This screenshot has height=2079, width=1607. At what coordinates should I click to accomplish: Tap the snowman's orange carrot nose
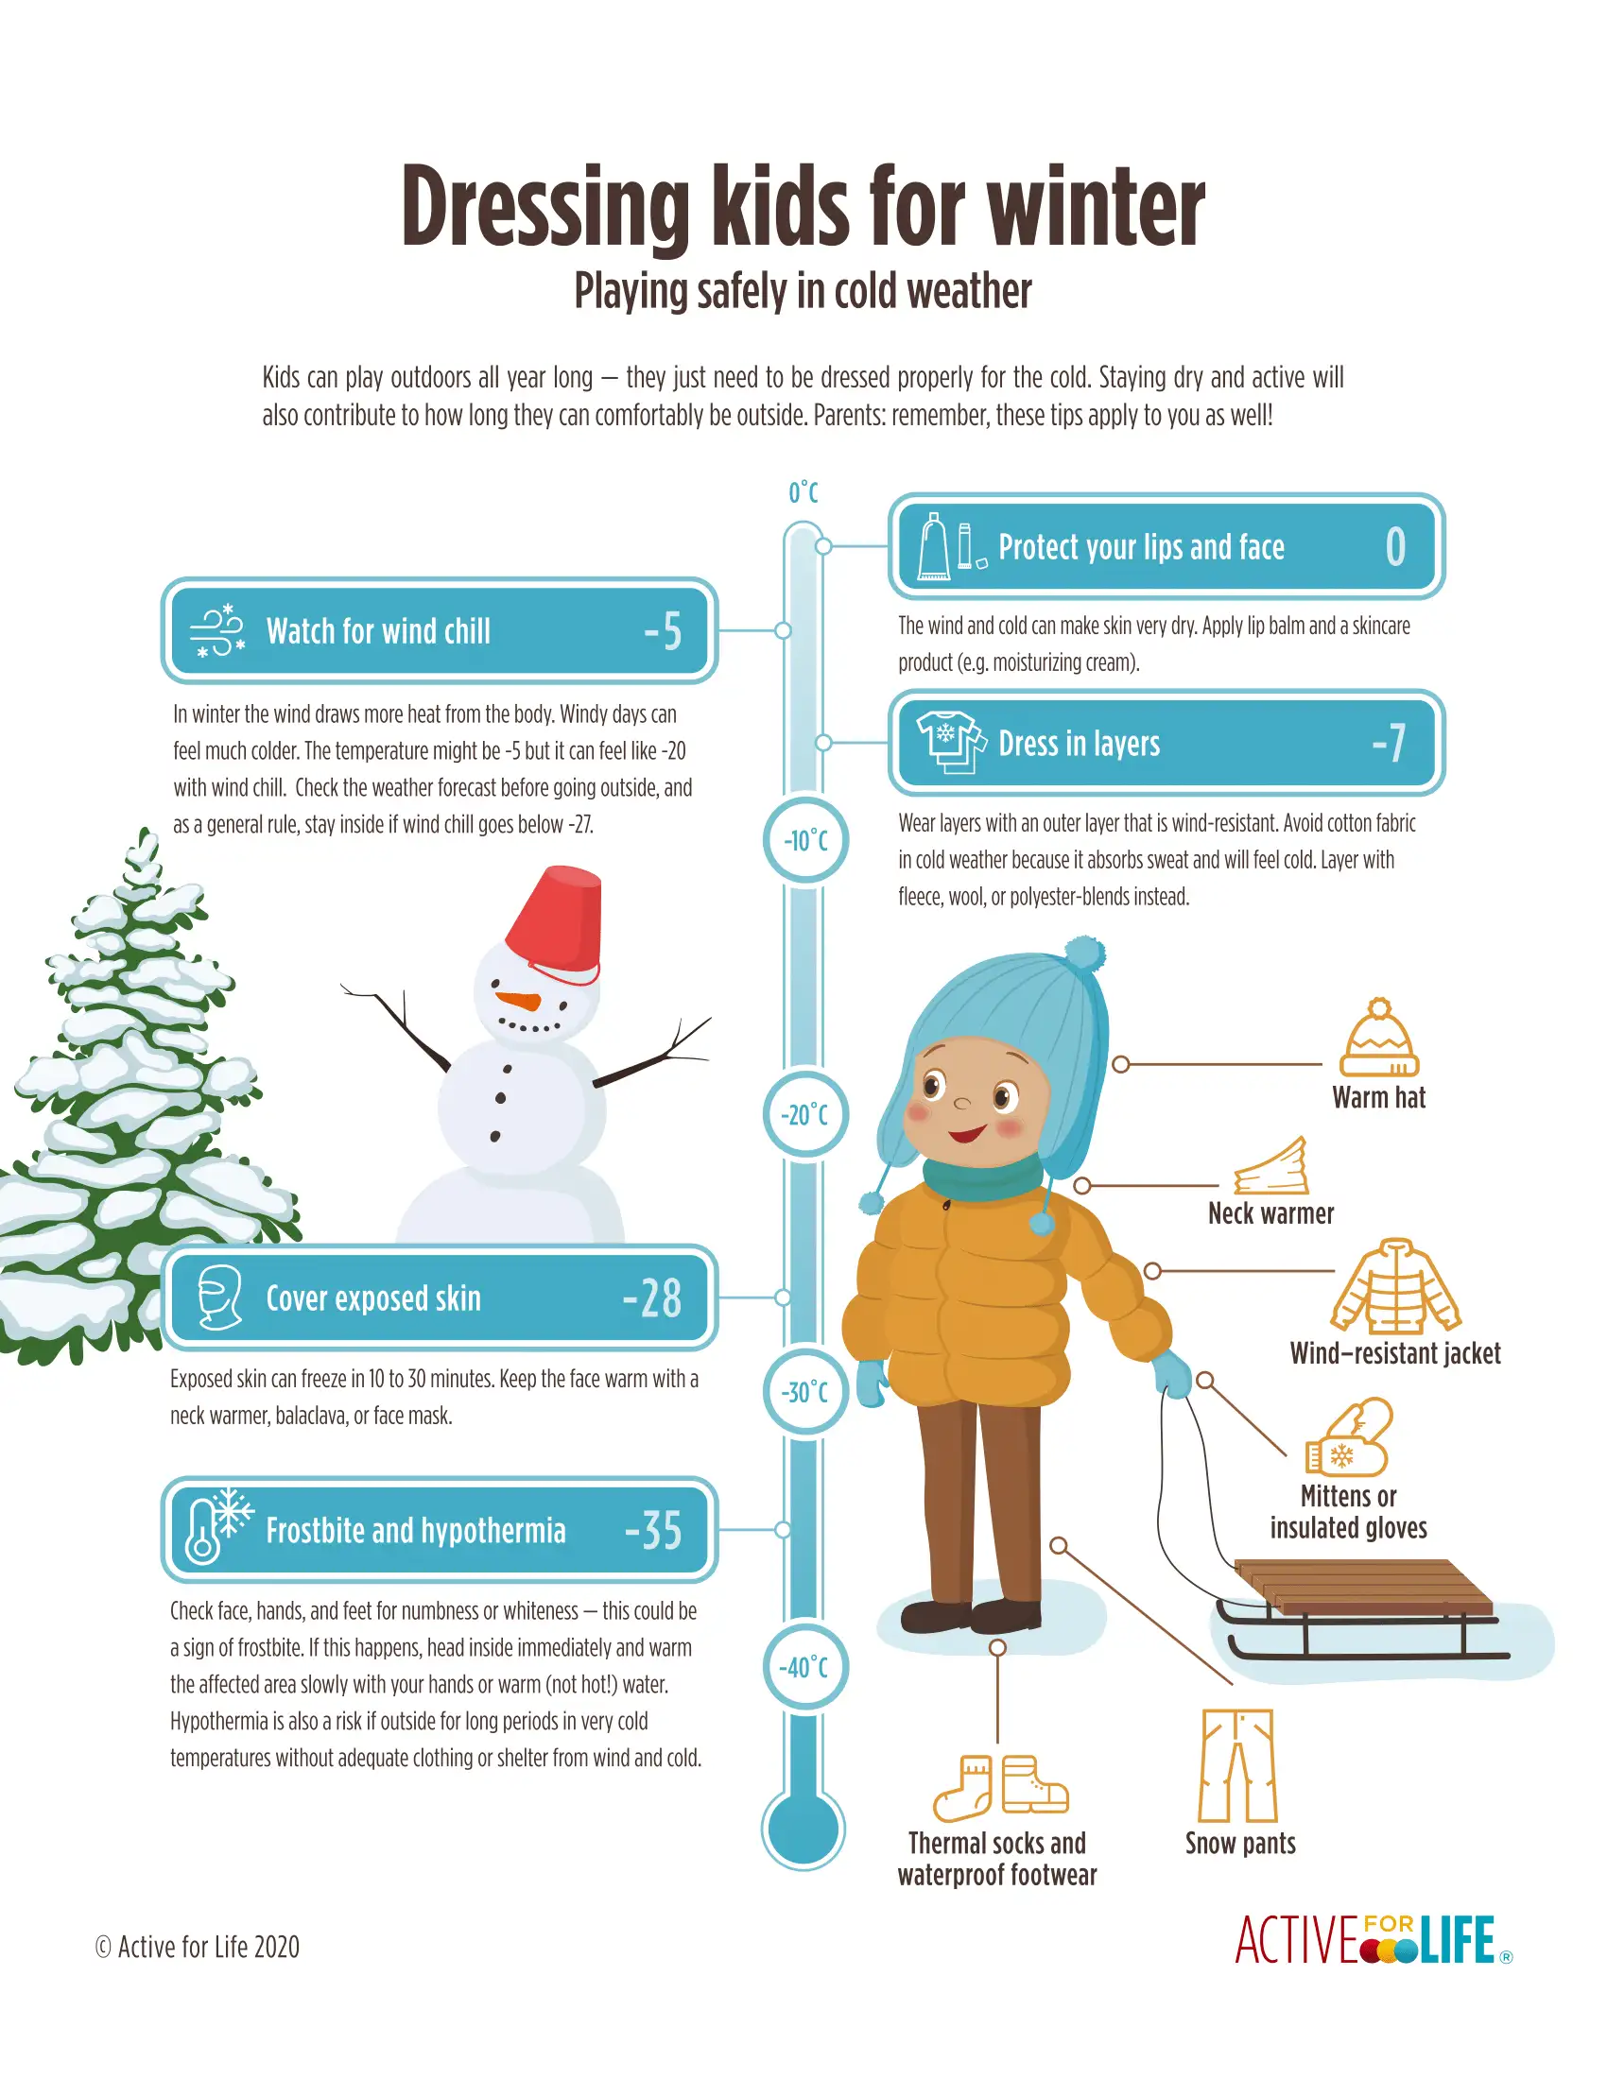tap(519, 1002)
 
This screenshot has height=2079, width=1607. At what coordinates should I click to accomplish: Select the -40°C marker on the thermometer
tap(805, 1667)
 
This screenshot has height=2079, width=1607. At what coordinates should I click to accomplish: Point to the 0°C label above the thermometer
tap(803, 492)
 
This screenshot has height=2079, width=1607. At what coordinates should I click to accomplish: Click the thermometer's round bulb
tap(803, 1829)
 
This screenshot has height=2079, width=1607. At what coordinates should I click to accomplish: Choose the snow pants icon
tap(1236, 1765)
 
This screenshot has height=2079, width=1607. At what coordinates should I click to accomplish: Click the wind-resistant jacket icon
tap(1395, 1286)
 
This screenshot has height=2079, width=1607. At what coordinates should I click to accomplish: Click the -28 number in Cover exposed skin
tap(652, 1297)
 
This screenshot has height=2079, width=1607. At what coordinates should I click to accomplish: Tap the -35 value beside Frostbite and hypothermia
tap(653, 1530)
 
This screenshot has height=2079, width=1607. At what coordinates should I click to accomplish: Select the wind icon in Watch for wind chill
tap(218, 630)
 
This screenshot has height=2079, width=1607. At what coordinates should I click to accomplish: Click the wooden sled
tap(1360, 1608)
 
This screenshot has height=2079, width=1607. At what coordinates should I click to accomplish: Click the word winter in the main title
tap(1095, 207)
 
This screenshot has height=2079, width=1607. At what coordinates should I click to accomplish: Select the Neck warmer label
tap(1270, 1213)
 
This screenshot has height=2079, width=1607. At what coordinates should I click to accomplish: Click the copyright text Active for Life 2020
tap(197, 1947)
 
